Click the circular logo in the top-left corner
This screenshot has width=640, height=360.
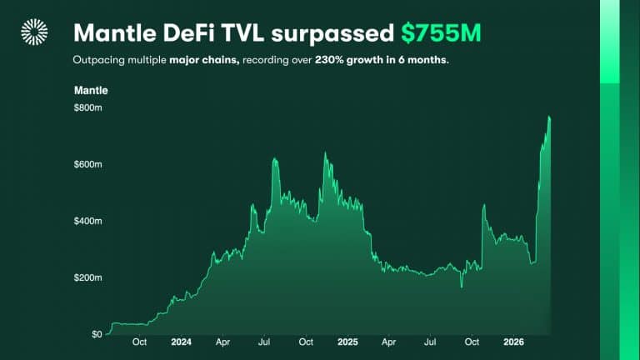34,32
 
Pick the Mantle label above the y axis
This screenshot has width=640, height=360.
91,90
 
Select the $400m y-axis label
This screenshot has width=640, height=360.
87,221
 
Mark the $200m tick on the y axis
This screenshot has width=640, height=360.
87,277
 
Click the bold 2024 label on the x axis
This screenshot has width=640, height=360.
181,342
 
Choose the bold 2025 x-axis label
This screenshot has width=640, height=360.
347,342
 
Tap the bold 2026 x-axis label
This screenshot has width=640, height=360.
513,342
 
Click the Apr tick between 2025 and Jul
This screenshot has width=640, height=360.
389,342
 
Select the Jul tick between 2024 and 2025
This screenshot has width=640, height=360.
264,342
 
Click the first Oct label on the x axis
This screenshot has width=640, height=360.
139,342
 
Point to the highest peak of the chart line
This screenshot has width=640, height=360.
549,117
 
